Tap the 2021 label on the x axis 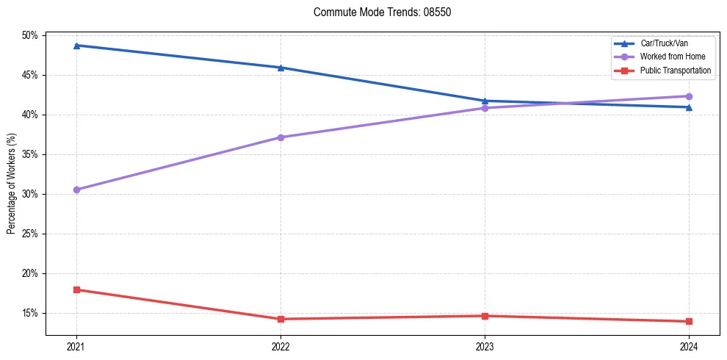click(76, 346)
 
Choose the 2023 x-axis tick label click(485, 346)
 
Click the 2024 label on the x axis click(689, 346)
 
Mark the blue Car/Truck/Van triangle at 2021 click(76, 46)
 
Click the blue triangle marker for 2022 click(281, 68)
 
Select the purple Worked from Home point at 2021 click(76, 190)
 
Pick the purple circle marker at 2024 click(689, 96)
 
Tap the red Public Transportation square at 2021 click(76, 289)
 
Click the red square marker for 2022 click(281, 319)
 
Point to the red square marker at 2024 click(689, 321)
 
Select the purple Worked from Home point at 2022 click(281, 137)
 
